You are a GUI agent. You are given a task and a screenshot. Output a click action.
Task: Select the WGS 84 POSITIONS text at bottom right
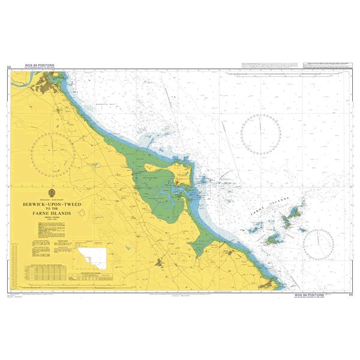309,295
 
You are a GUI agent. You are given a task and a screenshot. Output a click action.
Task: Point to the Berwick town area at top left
50,89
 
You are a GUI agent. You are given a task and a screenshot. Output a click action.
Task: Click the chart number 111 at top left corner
8,66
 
